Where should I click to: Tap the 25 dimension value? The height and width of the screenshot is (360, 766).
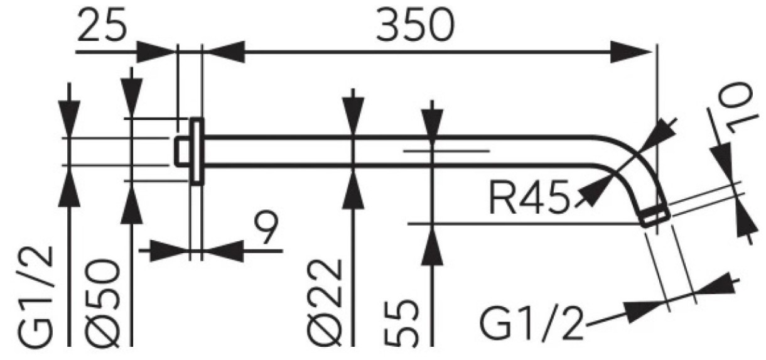[102, 26]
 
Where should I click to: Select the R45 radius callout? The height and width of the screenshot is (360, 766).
[530, 199]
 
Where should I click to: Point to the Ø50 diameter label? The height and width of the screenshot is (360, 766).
[103, 303]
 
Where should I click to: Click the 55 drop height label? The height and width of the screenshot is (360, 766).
[401, 324]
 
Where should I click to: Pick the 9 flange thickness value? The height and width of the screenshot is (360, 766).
[266, 227]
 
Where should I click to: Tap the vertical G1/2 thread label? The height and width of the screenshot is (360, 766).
[36, 296]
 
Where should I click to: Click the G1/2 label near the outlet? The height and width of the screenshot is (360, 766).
[531, 323]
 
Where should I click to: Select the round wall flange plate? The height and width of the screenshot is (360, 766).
[197, 151]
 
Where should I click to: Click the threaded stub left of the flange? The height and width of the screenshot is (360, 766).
[183, 151]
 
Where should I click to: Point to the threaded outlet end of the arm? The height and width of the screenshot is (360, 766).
[655, 217]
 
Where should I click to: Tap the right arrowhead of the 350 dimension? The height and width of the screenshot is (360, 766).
[631, 52]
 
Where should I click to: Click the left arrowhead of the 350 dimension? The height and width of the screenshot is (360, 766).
[226, 52]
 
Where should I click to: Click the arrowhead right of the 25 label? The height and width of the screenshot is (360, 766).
[156, 52]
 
